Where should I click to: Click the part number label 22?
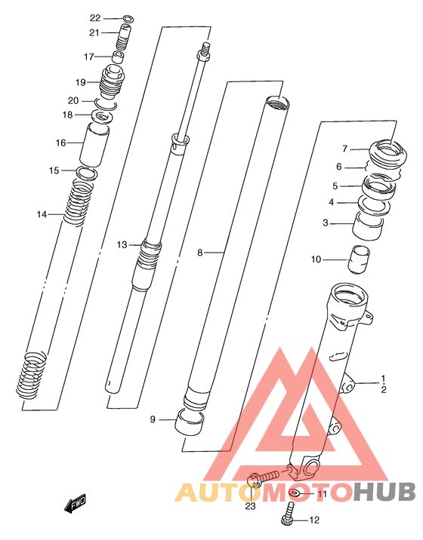click(95, 18)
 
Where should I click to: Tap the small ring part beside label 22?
click(128, 19)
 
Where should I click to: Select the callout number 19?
click(80, 82)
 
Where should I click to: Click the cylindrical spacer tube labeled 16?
click(94, 146)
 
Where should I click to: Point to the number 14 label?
click(42, 214)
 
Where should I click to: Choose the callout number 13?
click(122, 245)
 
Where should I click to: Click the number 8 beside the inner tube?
click(199, 253)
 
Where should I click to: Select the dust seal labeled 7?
click(388, 152)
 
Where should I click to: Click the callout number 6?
click(339, 167)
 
